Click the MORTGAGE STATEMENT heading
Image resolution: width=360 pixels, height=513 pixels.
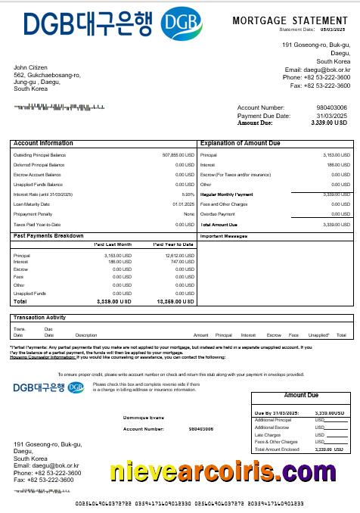click(290, 20)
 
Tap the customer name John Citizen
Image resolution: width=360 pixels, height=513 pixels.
click(30, 67)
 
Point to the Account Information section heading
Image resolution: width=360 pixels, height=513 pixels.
click(43, 143)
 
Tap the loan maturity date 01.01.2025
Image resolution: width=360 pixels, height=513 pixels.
click(184, 204)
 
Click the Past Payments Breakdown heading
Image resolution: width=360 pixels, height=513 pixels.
click(48, 236)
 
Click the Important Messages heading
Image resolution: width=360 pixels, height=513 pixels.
click(223, 236)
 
